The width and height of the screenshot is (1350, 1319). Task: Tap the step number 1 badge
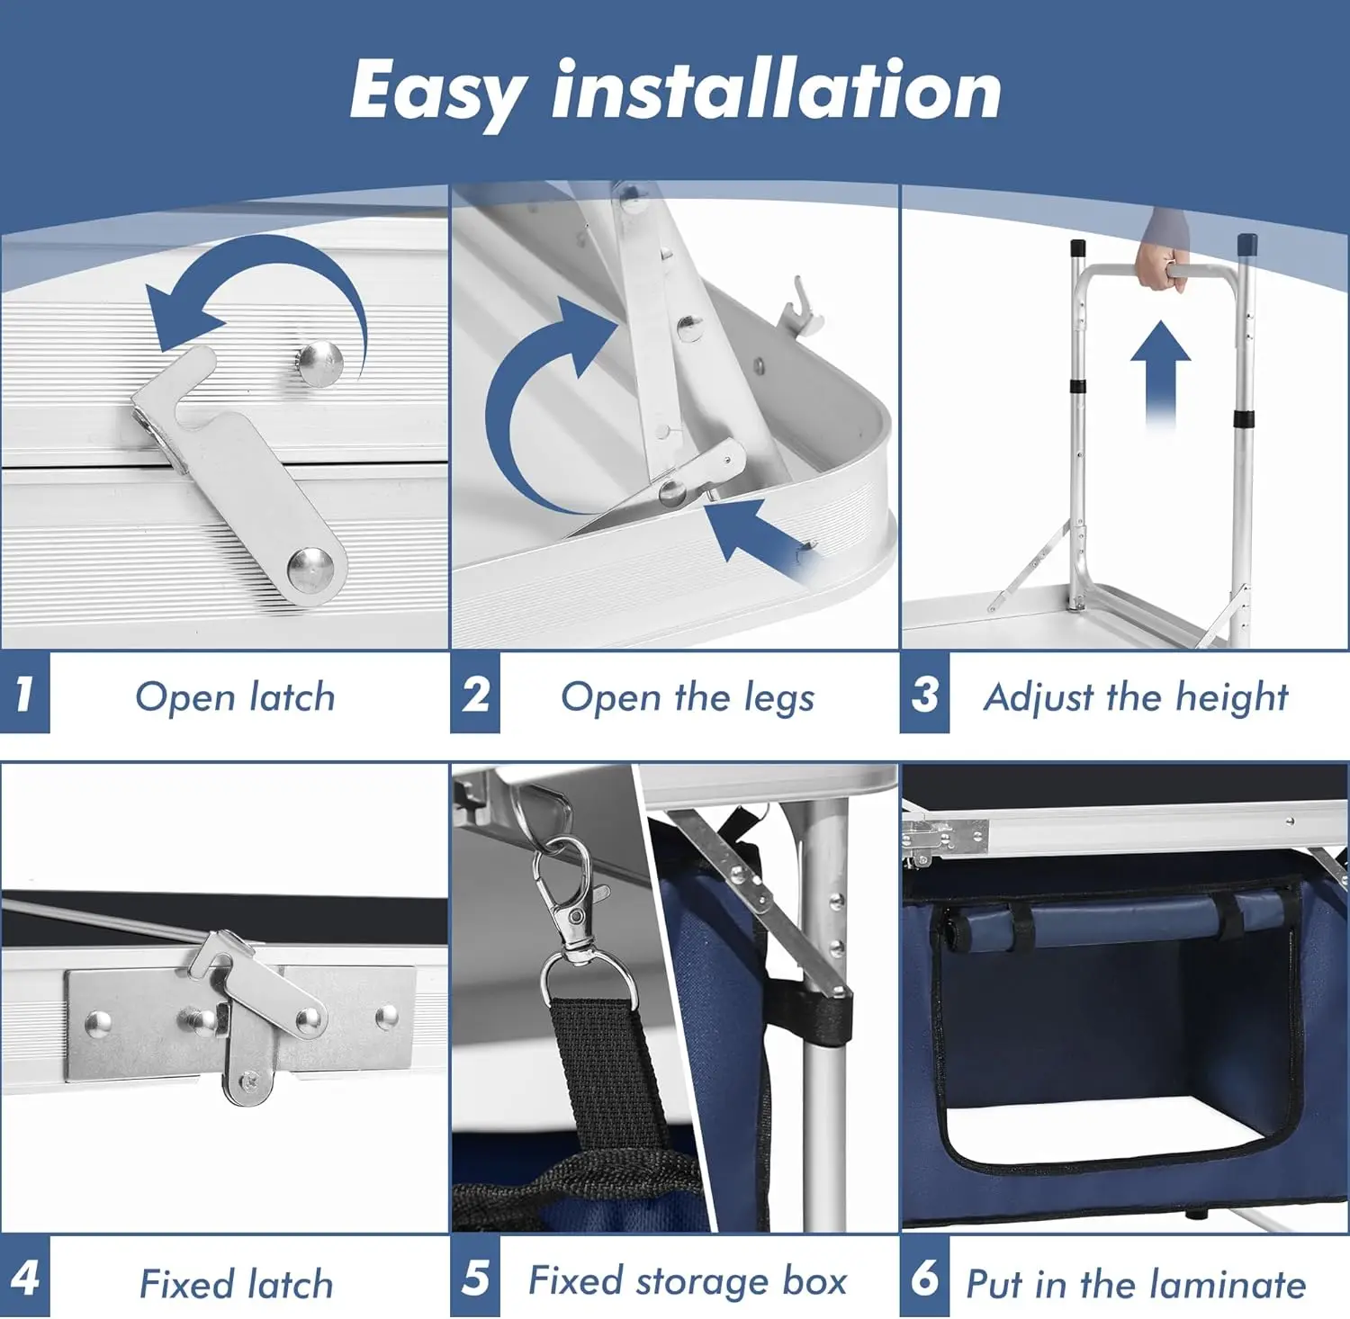point(24,694)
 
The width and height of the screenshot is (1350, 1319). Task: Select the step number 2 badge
point(475,694)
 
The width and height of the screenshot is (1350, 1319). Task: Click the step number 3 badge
point(924,694)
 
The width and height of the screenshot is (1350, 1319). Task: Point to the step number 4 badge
point(24,1279)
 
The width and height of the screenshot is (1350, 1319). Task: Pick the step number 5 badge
point(475,1279)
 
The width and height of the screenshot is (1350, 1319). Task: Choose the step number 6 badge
point(924,1279)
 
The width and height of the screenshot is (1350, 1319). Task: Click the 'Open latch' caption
point(235,697)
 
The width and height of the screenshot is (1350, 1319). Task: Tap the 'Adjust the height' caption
point(1136,697)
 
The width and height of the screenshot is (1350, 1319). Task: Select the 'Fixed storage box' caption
point(688,1281)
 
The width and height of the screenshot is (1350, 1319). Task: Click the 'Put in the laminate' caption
point(1136,1284)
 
